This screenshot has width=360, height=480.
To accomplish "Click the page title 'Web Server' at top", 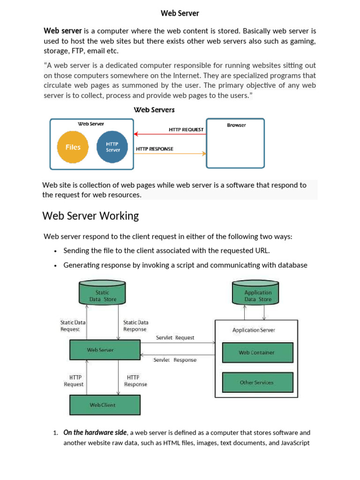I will (x=180, y=13).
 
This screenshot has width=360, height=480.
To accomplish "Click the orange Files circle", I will (x=73, y=147).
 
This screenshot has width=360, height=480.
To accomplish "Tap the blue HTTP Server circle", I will (x=112, y=147).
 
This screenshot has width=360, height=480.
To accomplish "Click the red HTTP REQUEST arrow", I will (x=170, y=134).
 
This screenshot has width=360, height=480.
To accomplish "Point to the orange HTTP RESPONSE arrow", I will (x=170, y=154).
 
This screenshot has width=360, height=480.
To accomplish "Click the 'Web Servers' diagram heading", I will (x=154, y=110).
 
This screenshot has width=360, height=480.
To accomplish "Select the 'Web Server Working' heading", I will (x=90, y=216).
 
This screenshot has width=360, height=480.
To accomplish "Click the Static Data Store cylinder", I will (x=102, y=293).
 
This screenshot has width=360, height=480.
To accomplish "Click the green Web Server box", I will (x=105, y=350).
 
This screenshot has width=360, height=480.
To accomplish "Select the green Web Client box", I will (x=105, y=405).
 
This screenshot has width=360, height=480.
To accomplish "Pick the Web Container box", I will (x=257, y=352).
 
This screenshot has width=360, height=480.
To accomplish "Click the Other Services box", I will (x=257, y=382).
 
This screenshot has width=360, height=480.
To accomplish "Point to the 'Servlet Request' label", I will (x=175, y=337).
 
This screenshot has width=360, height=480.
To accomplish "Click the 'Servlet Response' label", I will (x=175, y=360).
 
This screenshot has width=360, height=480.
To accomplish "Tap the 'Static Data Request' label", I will (x=73, y=325).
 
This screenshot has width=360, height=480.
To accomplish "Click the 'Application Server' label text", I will (x=254, y=330).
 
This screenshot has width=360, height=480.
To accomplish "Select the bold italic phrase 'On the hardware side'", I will (x=95, y=433).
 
